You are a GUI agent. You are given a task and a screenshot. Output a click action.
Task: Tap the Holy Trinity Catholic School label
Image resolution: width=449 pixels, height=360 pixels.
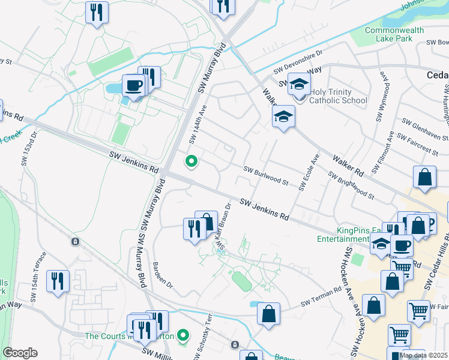338,96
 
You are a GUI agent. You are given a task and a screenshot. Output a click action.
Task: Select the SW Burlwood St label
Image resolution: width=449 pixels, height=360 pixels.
266,176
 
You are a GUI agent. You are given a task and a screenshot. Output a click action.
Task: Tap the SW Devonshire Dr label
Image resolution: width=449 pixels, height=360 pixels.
299,62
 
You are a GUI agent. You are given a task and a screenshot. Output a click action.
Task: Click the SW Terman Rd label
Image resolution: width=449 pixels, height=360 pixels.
321,300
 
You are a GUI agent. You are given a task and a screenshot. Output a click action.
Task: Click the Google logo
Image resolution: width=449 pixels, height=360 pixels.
20,353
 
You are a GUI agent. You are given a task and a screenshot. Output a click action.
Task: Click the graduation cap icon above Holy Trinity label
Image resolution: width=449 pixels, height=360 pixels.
298,85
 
